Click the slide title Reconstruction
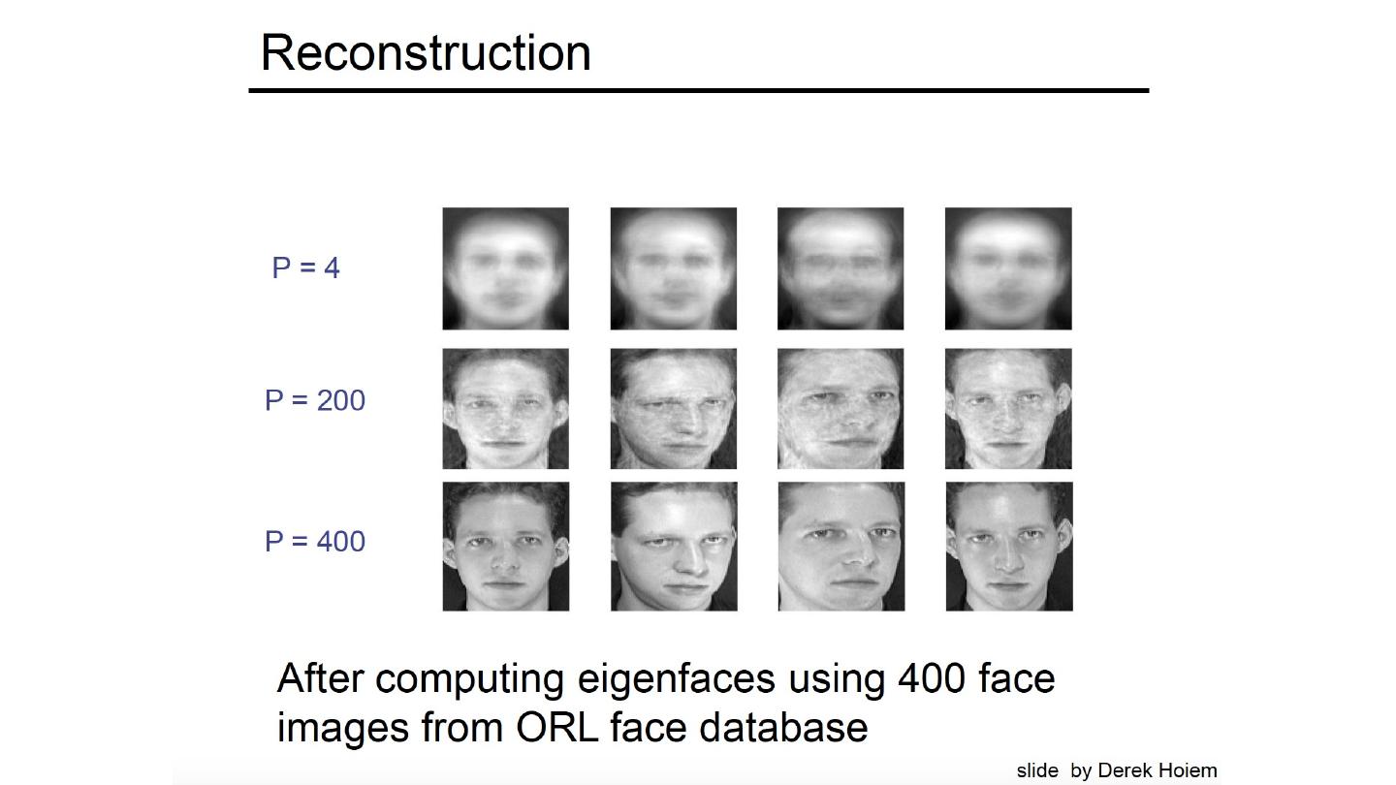coord(426,53)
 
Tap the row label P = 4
coord(306,267)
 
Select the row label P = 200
coord(315,399)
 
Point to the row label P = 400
coord(315,541)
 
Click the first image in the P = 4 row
coord(505,268)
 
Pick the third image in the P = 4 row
coord(841,268)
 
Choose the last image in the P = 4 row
coord(1008,268)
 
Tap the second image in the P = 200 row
coord(674,409)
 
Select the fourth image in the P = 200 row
coord(1008,409)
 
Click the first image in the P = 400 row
coord(505,547)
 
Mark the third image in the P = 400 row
coord(841,547)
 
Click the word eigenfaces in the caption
coord(676,679)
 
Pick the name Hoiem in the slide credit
coord(1186,771)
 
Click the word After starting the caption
coord(321,678)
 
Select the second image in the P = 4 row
coord(674,268)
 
